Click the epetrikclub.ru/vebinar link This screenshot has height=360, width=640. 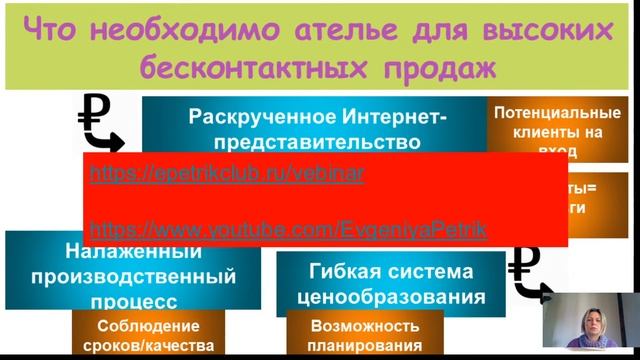point(227,173)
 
